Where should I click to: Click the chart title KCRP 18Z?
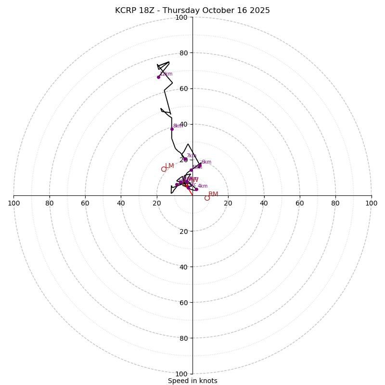[x=192, y=11]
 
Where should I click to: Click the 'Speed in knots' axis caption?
[x=192, y=381]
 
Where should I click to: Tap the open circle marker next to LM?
[x=164, y=169]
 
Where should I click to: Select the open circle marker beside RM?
[x=207, y=198]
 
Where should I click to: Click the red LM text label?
[x=169, y=166]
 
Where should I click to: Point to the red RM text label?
[x=213, y=194]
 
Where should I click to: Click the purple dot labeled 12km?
[x=158, y=77]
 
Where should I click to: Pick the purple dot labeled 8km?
[x=172, y=129]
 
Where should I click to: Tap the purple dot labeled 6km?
[x=200, y=165]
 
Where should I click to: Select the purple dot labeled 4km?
[x=196, y=189]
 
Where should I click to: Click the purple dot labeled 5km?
[x=191, y=170]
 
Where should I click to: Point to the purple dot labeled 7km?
[x=185, y=159]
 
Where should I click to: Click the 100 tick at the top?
[x=181, y=17]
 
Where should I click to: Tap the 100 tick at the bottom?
[x=181, y=374]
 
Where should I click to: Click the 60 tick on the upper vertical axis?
[x=183, y=89]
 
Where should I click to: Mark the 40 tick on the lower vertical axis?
[x=183, y=267]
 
